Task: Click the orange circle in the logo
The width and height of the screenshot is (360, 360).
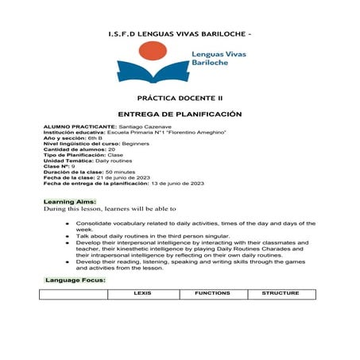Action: click(151, 53)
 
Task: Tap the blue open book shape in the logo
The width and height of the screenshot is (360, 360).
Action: click(151, 73)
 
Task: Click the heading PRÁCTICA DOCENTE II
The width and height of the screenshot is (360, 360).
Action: click(179, 101)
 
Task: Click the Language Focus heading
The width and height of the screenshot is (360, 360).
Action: click(75, 281)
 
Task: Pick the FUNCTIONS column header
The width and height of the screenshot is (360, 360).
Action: click(212, 293)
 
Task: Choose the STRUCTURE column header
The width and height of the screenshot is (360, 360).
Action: click(281, 293)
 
